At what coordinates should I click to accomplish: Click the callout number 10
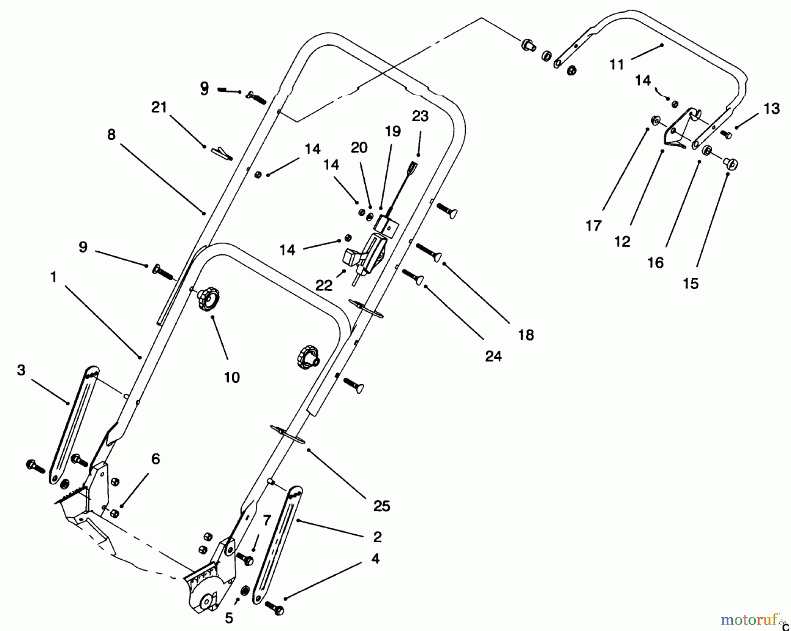point(232,377)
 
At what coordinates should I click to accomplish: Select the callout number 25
point(381,506)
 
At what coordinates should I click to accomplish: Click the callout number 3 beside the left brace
point(21,370)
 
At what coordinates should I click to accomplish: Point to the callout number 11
point(617,65)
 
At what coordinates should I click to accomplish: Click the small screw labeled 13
point(726,134)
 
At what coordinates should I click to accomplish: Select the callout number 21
point(159,107)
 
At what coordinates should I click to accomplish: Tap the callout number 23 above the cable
point(420,116)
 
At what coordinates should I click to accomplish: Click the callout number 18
point(526,335)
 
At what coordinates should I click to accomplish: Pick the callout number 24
point(493,356)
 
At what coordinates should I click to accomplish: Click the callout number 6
point(156,459)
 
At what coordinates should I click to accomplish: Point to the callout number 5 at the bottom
point(229,618)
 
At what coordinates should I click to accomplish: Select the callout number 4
point(375,558)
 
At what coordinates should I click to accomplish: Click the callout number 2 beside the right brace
point(377,537)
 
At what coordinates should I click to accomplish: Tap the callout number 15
point(690,284)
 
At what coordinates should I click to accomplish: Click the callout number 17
point(593,226)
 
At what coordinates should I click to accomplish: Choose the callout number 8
point(111,134)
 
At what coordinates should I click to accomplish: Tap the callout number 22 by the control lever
point(324,286)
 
